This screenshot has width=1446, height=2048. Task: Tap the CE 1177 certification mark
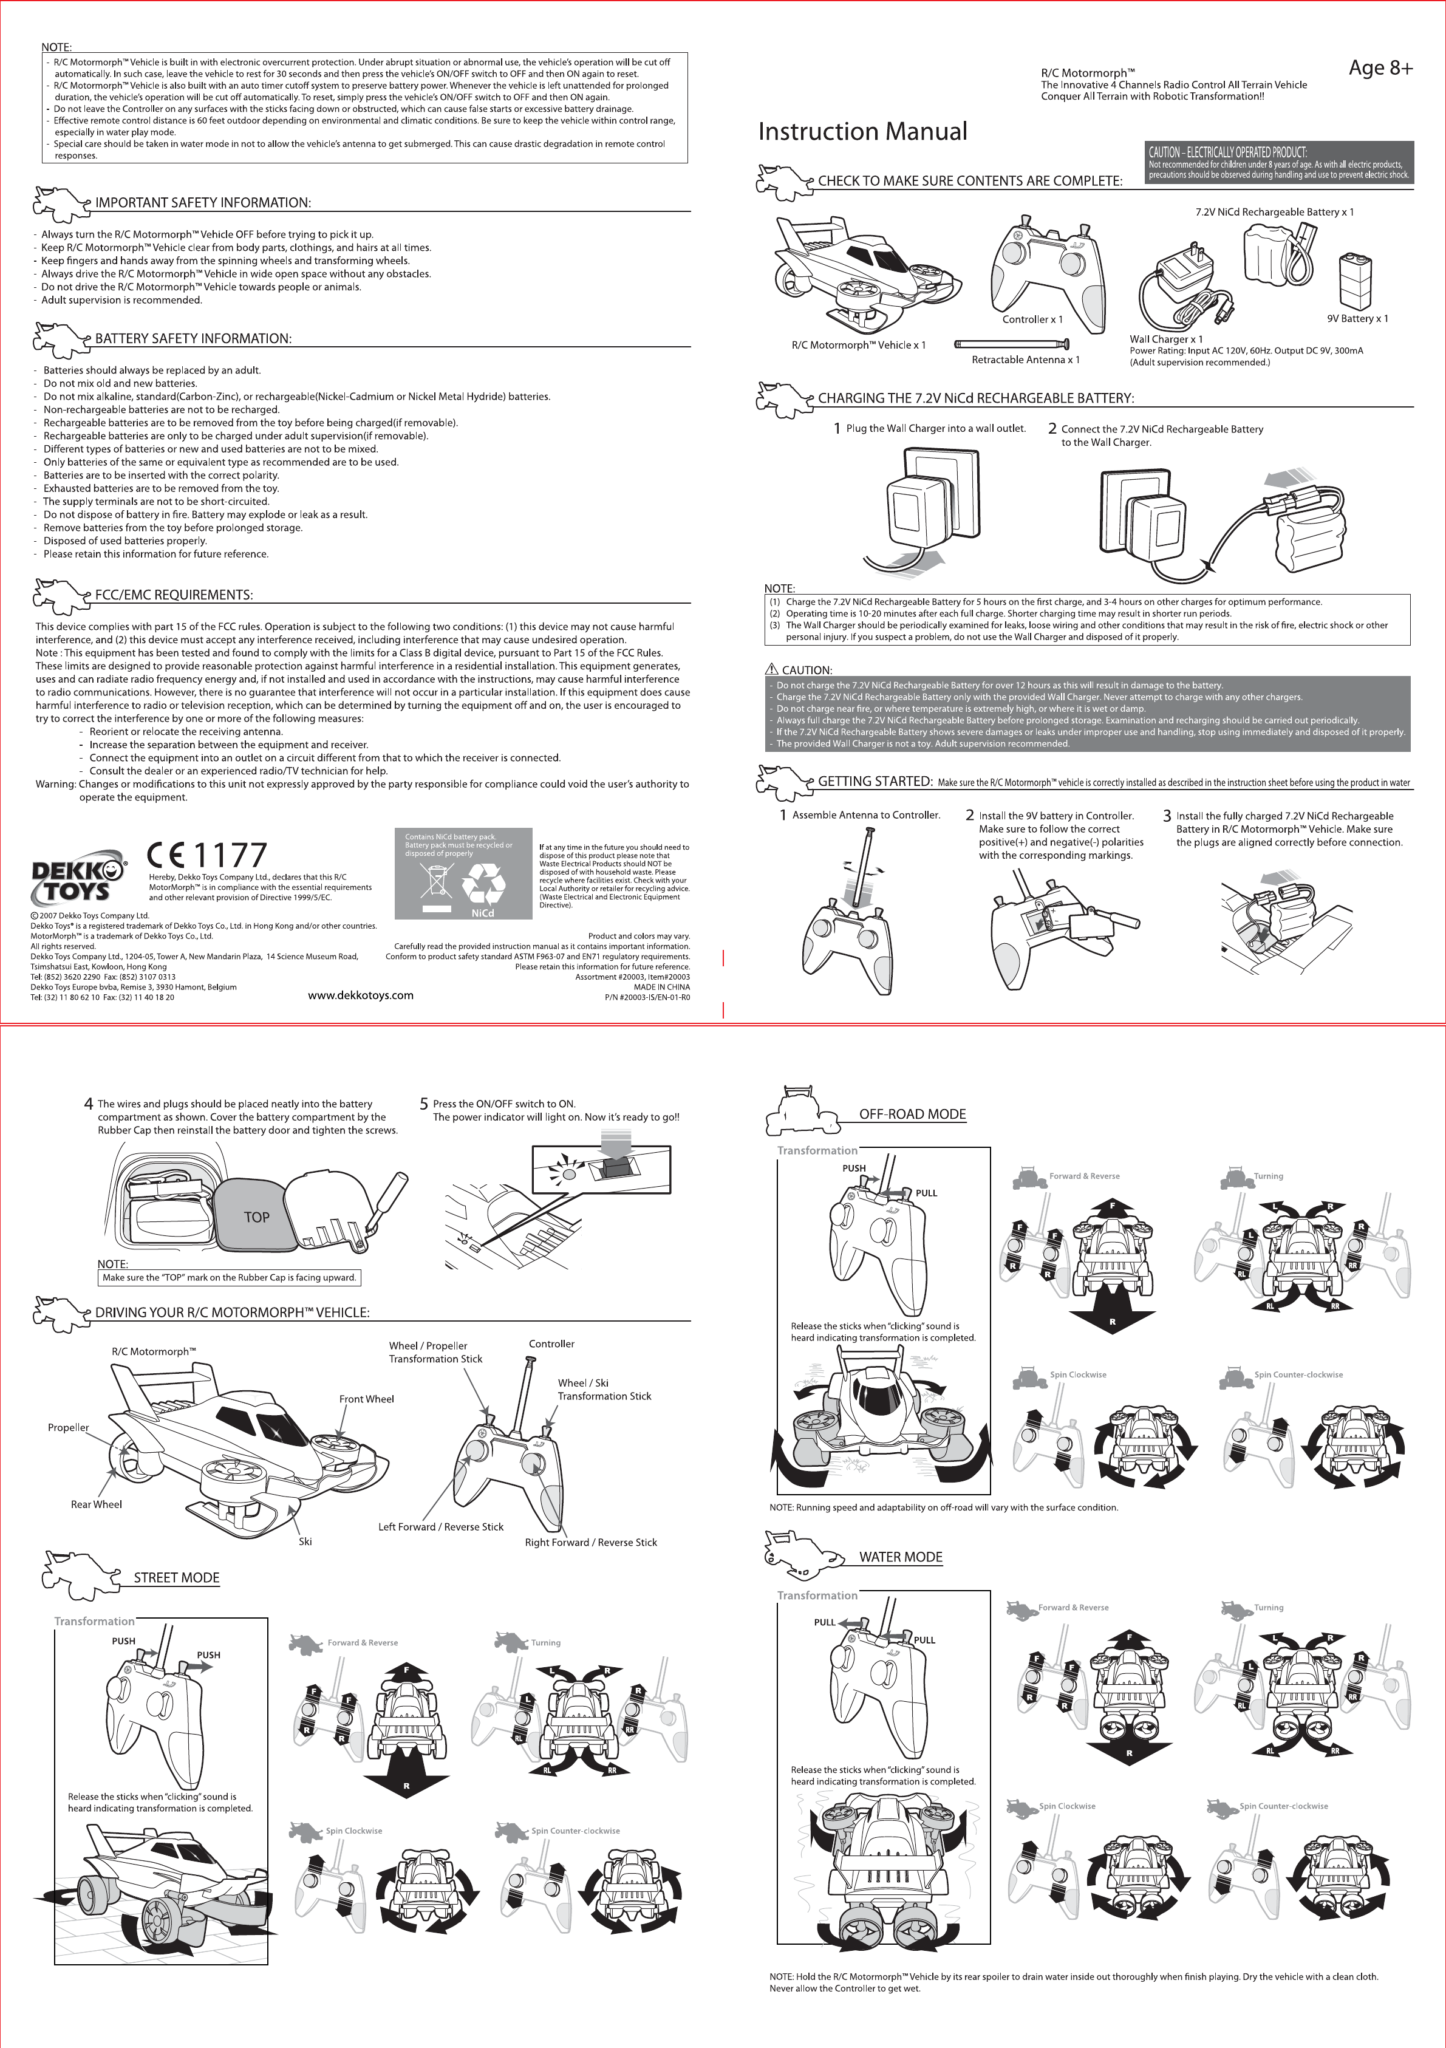click(207, 855)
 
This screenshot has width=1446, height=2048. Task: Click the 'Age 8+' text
click(1380, 68)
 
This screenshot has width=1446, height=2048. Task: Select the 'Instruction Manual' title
click(862, 132)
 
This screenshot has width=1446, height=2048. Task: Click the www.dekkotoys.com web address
click(360, 995)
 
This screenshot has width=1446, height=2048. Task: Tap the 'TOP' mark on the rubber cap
click(256, 1217)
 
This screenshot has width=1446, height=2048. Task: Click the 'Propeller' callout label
click(69, 1427)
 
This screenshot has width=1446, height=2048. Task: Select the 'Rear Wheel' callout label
click(97, 1504)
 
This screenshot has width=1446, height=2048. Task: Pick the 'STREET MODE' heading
click(177, 1578)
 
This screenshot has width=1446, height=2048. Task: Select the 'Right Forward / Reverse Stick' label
click(590, 1542)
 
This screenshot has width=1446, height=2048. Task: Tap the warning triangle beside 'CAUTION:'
click(772, 669)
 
